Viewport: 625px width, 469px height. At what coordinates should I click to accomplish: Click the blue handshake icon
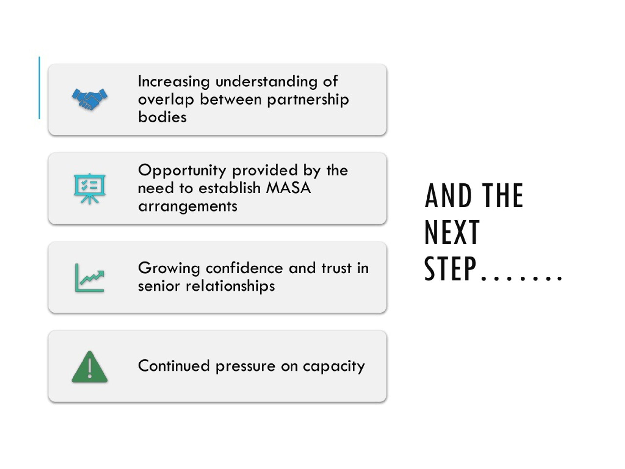pos(90,99)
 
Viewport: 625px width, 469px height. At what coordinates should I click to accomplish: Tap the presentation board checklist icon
pos(90,189)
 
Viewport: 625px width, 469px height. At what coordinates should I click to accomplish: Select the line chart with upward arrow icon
pos(90,277)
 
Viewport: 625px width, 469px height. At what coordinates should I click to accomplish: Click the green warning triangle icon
pos(90,367)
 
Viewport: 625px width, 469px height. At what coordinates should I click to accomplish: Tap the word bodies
pos(162,117)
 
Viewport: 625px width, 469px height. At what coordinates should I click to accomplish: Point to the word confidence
pos(244,268)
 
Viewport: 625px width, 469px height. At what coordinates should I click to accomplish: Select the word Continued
pos(174,366)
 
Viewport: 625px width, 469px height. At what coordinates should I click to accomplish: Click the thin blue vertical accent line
pos(39,88)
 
